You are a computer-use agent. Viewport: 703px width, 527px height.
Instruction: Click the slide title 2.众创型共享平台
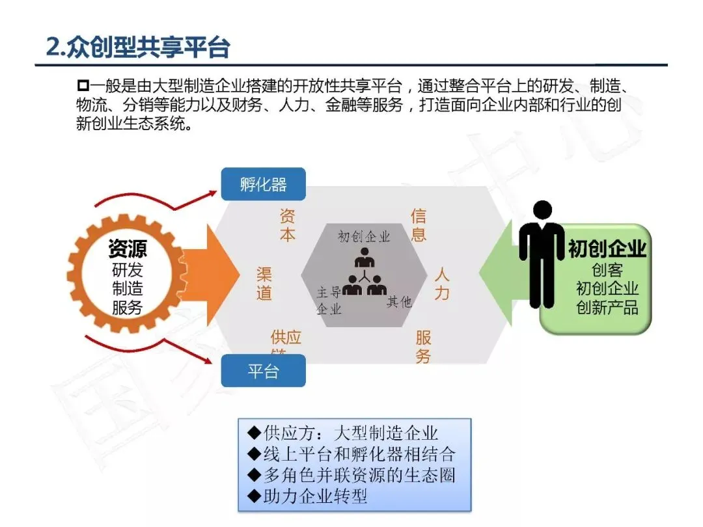coord(138,47)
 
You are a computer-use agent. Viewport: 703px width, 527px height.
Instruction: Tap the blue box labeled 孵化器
coord(263,184)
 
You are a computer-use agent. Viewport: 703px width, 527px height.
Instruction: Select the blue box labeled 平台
coord(263,372)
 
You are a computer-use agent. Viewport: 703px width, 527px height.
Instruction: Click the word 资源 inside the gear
coord(128,248)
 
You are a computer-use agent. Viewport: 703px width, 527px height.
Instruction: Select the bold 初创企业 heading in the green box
coord(606,249)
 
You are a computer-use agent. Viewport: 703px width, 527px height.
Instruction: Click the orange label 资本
coord(288,225)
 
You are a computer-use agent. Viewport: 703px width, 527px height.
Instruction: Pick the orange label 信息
coord(419,225)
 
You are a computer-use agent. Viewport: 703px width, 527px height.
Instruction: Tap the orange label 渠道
coord(264,283)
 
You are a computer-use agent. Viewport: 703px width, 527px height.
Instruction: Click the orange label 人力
coord(442,283)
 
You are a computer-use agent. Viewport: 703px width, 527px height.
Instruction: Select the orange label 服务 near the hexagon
coord(424,347)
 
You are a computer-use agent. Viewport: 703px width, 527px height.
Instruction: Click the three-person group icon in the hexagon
coord(364,276)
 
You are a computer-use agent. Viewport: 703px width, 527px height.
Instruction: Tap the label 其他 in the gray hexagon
coord(399,301)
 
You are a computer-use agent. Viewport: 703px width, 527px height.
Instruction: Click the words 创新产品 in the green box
coord(607,307)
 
